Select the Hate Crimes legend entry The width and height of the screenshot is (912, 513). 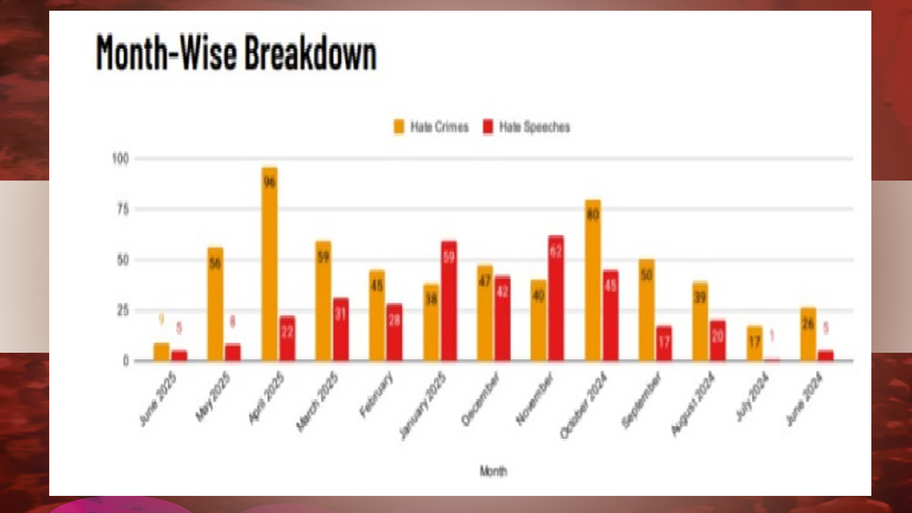pos(431,128)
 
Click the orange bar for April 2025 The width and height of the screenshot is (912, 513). pos(269,264)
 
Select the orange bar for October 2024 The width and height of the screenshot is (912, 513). pos(593,280)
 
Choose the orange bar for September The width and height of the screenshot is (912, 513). pos(646,310)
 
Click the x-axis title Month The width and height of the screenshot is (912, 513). pos(493,471)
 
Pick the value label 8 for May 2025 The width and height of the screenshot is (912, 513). pos(233,322)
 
